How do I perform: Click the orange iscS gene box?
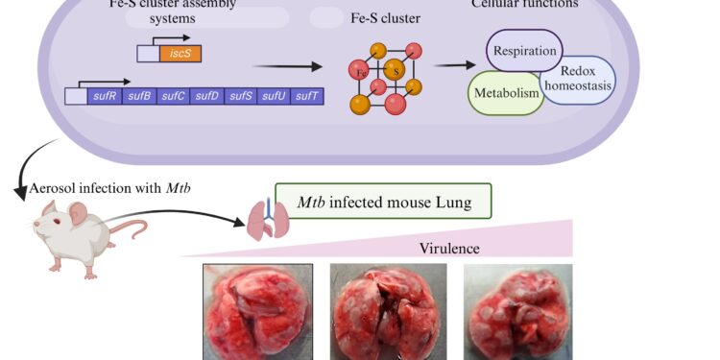coord(180,54)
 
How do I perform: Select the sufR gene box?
coord(103,96)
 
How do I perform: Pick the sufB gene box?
coord(138,96)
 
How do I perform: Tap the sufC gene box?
coord(173,96)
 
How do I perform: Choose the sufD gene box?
coord(206,96)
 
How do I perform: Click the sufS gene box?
coord(241,96)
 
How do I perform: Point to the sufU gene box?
coord(275,96)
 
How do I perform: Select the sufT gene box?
coord(308,96)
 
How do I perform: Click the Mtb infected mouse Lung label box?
coord(383,204)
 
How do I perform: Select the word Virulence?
coord(448,249)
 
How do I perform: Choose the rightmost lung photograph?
coord(517,312)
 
